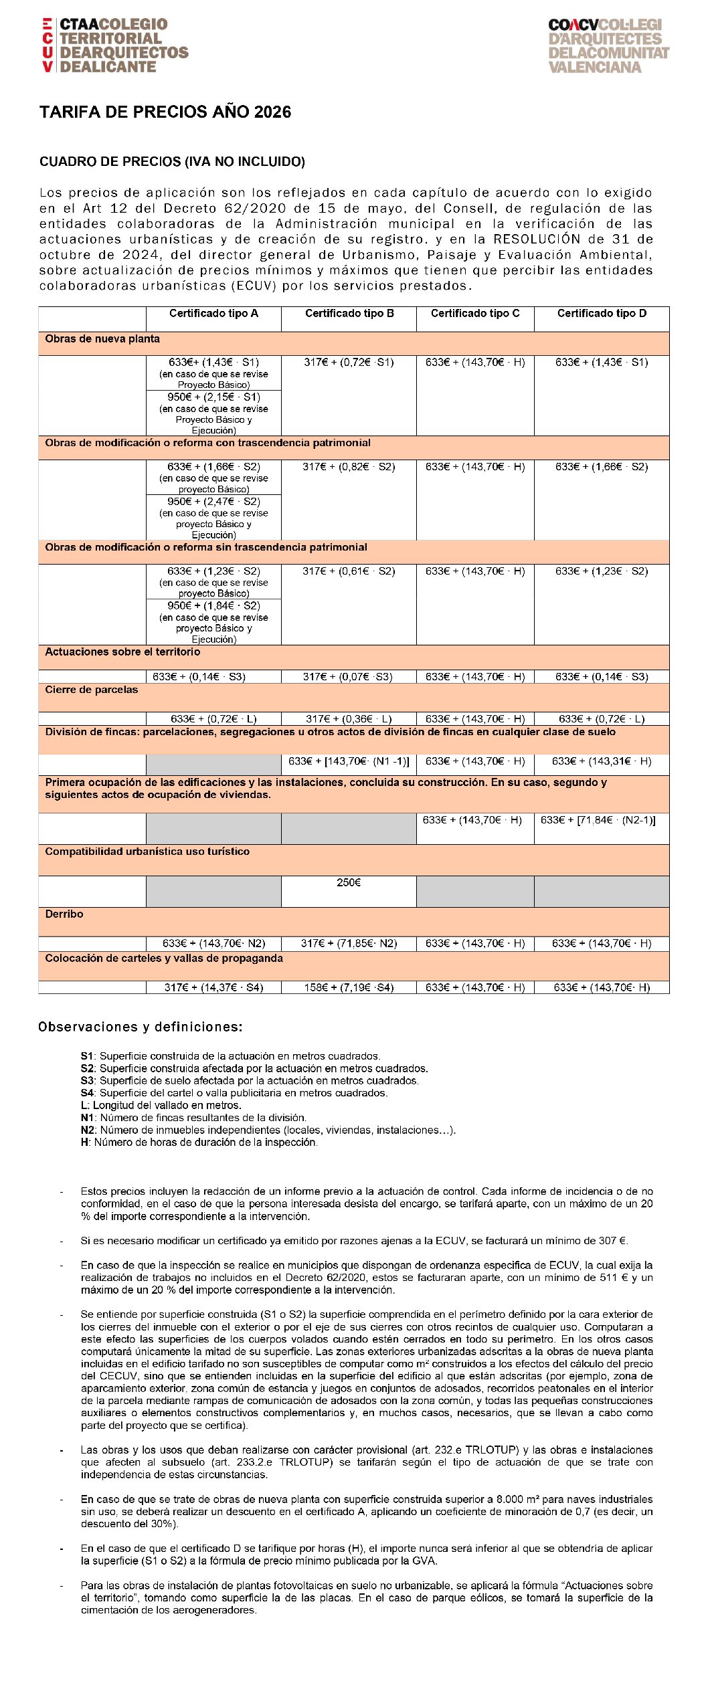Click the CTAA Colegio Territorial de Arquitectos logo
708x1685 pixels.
click(x=114, y=45)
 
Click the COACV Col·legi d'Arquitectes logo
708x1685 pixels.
click(x=608, y=45)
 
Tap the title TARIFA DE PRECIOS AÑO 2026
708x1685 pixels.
click(x=165, y=112)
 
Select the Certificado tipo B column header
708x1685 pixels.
click(x=349, y=313)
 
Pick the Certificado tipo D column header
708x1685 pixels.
click(x=602, y=313)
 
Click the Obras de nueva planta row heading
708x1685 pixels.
click(x=102, y=339)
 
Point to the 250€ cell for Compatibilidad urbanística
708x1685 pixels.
click(x=349, y=883)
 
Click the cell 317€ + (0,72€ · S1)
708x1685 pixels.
click(x=349, y=363)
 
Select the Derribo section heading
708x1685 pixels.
click(x=64, y=914)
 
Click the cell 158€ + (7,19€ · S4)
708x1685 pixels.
click(x=349, y=987)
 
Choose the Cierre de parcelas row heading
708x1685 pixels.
click(x=91, y=690)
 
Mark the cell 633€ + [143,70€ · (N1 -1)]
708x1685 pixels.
click(x=349, y=761)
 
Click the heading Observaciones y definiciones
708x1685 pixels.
click(x=140, y=1027)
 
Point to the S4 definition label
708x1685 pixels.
click(x=87, y=1093)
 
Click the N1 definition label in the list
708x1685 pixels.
click(x=87, y=1118)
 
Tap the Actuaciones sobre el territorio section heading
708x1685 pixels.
click(x=122, y=652)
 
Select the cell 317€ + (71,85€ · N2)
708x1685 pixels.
click(x=349, y=944)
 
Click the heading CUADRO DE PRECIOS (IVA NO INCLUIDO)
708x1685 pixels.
click(x=172, y=162)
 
